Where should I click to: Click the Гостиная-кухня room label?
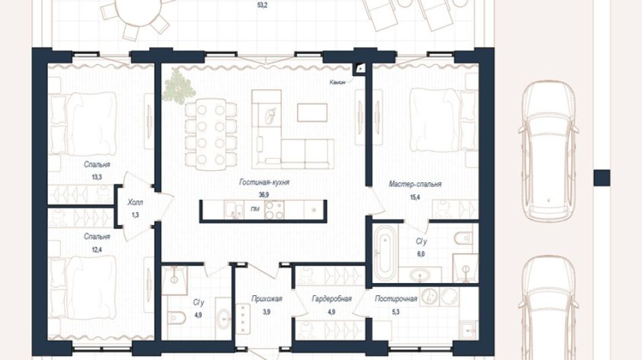(x=264, y=182)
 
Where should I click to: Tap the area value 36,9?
(x=264, y=195)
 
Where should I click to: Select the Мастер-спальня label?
(x=414, y=184)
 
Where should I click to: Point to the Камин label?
(x=338, y=82)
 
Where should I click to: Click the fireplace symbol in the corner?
(x=360, y=69)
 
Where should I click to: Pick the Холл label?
(x=135, y=203)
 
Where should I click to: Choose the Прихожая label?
(x=267, y=299)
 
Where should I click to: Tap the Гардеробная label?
(x=331, y=299)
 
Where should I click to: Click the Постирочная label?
(x=396, y=299)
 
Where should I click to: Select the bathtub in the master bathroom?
(x=385, y=253)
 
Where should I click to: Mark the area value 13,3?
(x=97, y=177)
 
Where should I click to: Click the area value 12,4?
(x=97, y=249)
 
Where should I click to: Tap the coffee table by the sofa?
(x=312, y=113)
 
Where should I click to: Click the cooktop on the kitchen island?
(x=274, y=209)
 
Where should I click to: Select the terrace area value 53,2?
(x=262, y=6)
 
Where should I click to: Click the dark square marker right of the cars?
(x=602, y=178)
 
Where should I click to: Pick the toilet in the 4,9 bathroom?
(x=176, y=317)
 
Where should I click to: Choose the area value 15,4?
(x=414, y=197)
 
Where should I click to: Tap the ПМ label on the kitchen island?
(x=255, y=209)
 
